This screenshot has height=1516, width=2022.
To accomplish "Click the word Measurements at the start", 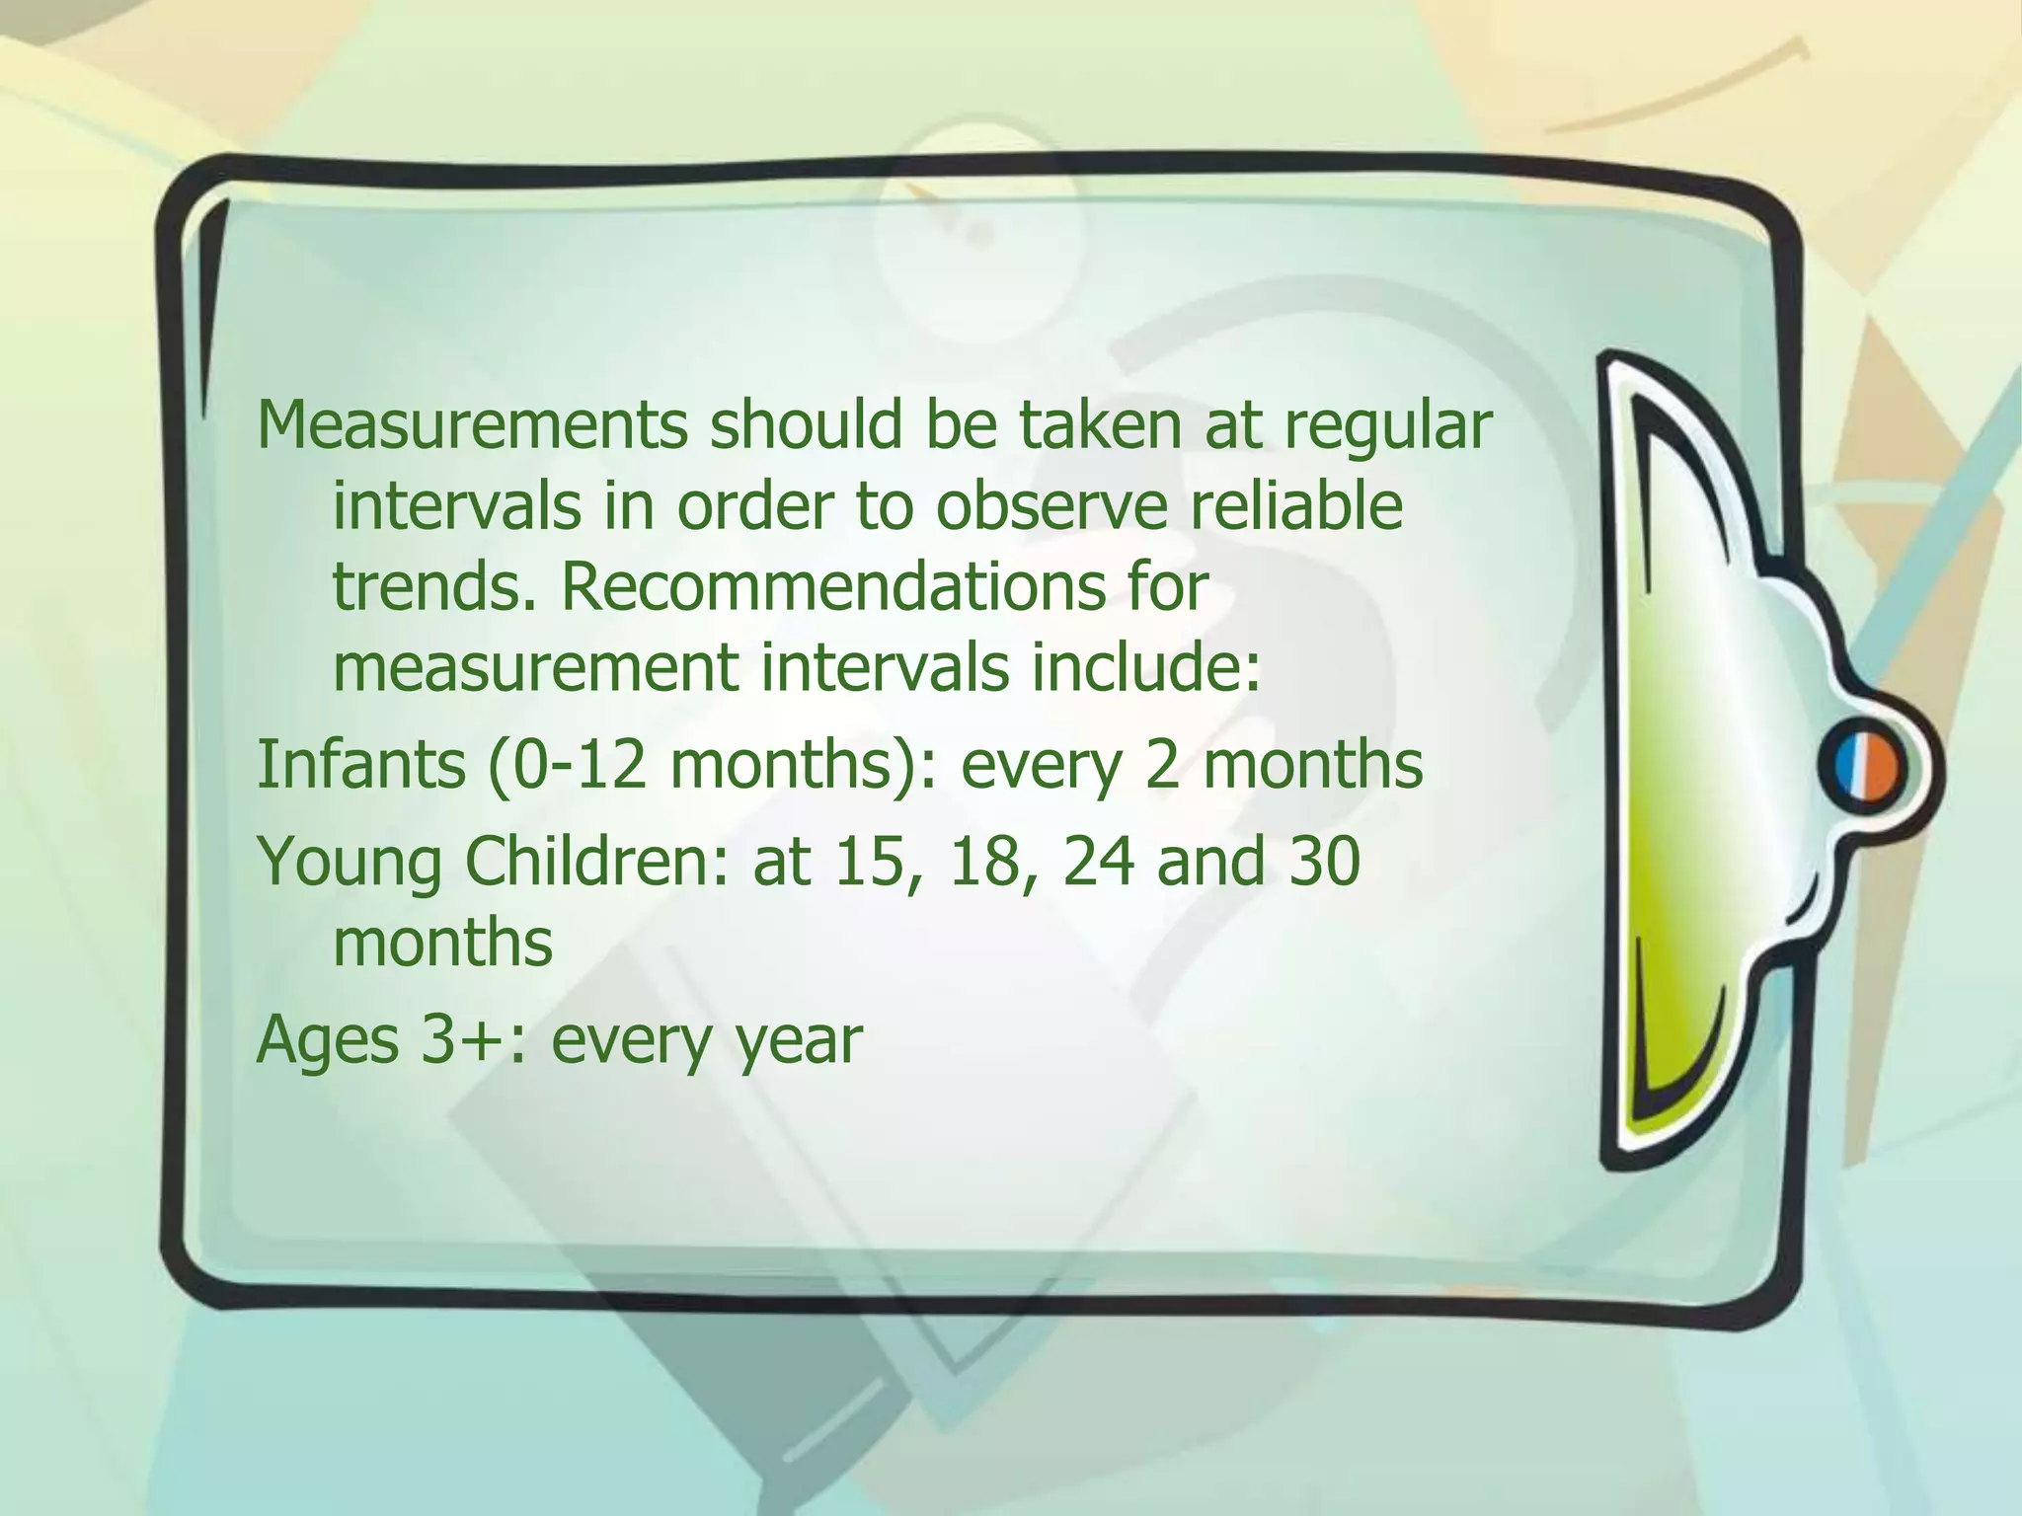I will coord(472,426).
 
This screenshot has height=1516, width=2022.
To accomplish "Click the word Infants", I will coord(360,765).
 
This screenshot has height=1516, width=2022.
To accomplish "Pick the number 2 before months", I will coord(1164,766).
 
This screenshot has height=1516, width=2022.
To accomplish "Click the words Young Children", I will coord(494,862).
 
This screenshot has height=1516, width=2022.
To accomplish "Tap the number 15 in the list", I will coord(870,862).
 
